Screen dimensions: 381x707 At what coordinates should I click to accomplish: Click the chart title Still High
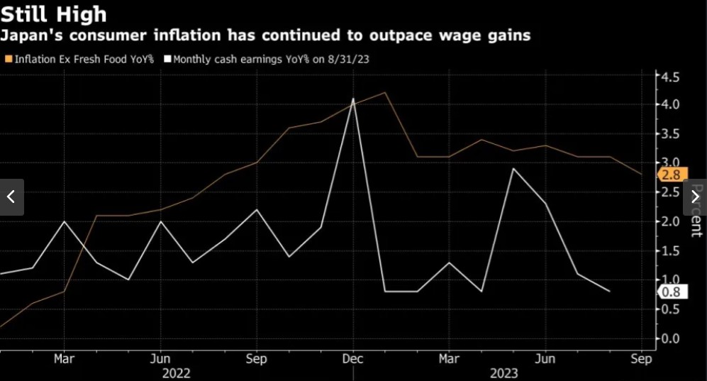click(x=54, y=14)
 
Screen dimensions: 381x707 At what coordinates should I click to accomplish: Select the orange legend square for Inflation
click(x=8, y=60)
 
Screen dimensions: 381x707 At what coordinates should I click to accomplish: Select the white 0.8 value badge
click(x=669, y=292)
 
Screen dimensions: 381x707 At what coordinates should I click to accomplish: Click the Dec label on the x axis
click(x=353, y=359)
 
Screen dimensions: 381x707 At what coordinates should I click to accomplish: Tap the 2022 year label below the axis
click(x=177, y=373)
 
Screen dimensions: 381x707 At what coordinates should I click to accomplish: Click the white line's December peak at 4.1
click(x=353, y=99)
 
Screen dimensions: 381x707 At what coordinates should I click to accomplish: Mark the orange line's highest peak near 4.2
click(x=384, y=93)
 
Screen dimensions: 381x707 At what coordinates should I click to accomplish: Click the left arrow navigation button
click(x=11, y=197)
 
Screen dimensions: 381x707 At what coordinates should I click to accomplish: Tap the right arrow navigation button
click(x=695, y=197)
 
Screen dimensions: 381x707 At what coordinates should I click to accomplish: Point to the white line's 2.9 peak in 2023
click(x=513, y=169)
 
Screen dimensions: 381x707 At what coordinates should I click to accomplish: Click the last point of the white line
click(x=609, y=291)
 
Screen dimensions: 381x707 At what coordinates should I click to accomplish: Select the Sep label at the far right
click(x=641, y=359)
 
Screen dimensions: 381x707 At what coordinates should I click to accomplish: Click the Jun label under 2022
click(x=161, y=359)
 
